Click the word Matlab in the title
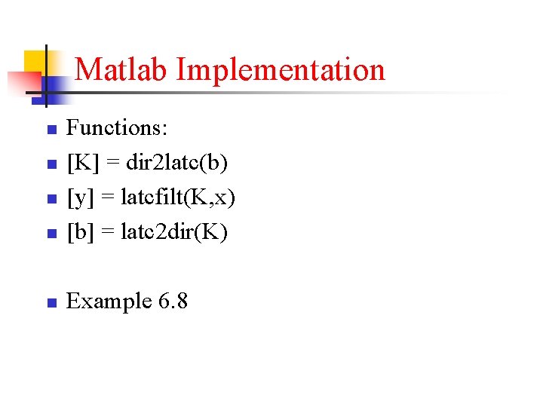(122, 69)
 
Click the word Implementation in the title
(281, 70)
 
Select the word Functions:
(117, 128)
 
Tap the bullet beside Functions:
(51, 130)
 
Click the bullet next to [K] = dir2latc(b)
(51, 165)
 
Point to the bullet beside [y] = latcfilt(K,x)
(51, 200)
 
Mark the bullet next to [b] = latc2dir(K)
(51, 234)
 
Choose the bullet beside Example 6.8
(51, 304)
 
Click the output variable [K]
(81, 163)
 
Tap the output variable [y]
(79, 198)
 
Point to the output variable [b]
(79, 232)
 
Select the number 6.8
(173, 301)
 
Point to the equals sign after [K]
(106, 164)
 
